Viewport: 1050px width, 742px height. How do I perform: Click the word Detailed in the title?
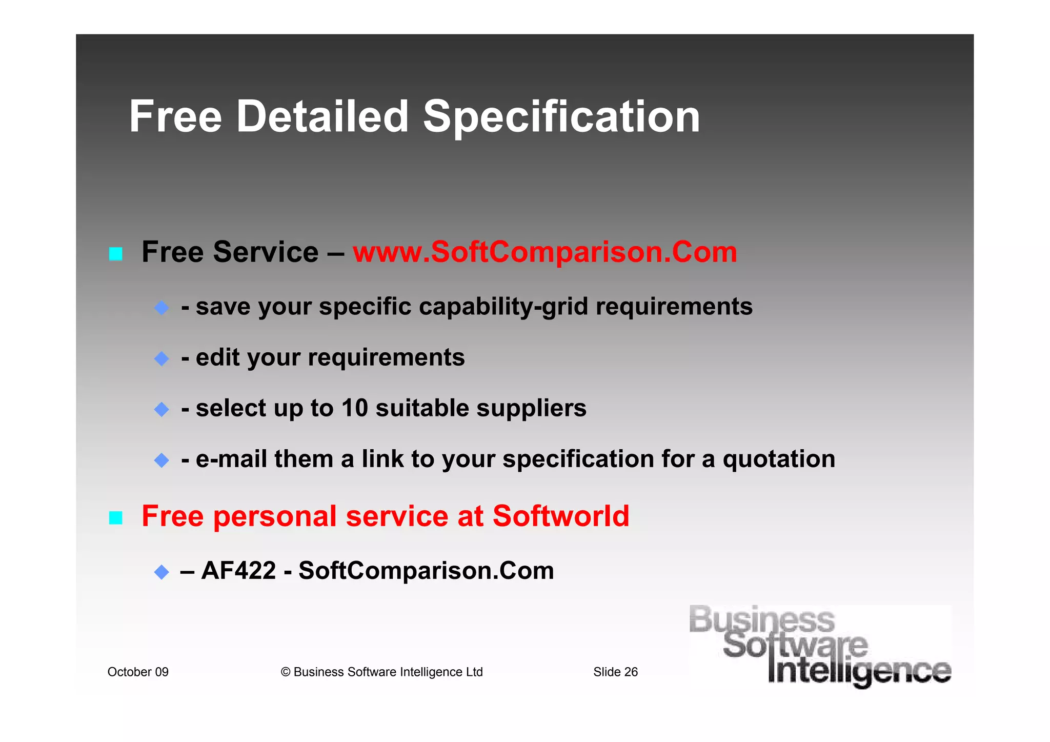pyautogui.click(x=322, y=117)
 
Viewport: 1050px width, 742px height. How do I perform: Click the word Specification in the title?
pyautogui.click(x=561, y=118)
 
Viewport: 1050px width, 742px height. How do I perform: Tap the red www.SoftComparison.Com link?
pyautogui.click(x=545, y=252)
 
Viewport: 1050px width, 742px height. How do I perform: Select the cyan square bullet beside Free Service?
pyautogui.click(x=116, y=254)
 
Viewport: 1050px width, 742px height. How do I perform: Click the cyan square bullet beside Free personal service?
pyautogui.click(x=116, y=518)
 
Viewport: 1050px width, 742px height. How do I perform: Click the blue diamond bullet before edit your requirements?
pyautogui.click(x=161, y=358)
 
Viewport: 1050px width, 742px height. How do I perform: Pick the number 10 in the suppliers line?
pyautogui.click(x=355, y=408)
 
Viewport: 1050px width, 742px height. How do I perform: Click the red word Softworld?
pyautogui.click(x=561, y=516)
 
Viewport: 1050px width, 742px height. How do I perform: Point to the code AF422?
pyautogui.click(x=238, y=570)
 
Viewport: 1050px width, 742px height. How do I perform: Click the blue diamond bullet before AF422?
pyautogui.click(x=161, y=572)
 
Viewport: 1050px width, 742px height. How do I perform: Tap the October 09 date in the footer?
pyautogui.click(x=138, y=672)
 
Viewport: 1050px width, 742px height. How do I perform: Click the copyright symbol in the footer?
pyautogui.click(x=286, y=672)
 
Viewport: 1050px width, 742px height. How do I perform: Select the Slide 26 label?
pyautogui.click(x=615, y=672)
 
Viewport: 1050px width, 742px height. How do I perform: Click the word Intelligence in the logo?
pyautogui.click(x=859, y=671)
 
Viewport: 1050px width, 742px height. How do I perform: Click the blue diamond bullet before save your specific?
pyautogui.click(x=161, y=308)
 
